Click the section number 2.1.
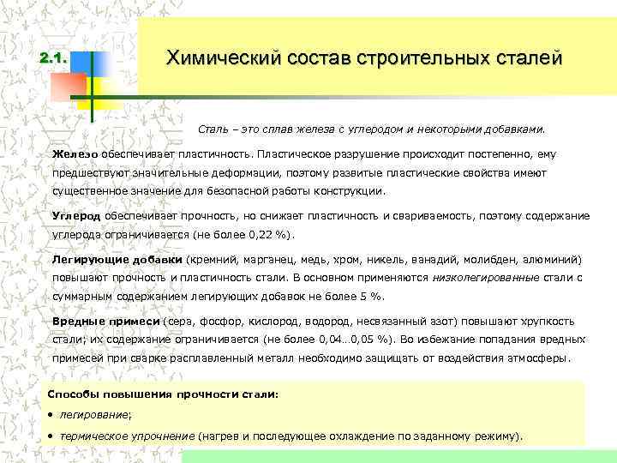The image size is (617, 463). coord(53,59)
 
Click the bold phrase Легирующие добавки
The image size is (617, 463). coord(117,259)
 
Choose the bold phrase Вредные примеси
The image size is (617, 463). coord(106,322)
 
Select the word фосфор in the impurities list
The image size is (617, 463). coord(246,322)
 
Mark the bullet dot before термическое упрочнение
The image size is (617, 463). coord(51,436)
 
